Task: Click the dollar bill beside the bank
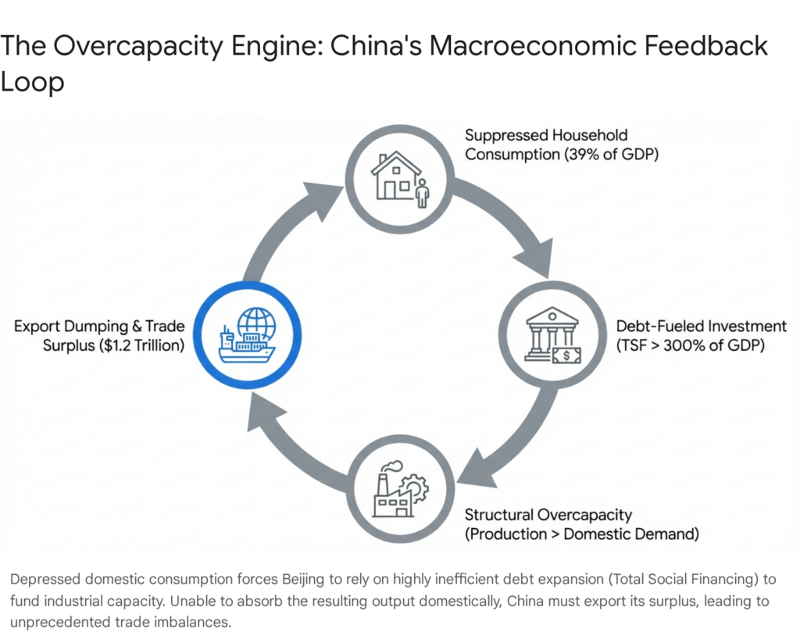(566, 356)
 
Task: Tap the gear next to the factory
(416, 489)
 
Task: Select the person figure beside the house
(423, 192)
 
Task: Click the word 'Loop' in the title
(32, 82)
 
